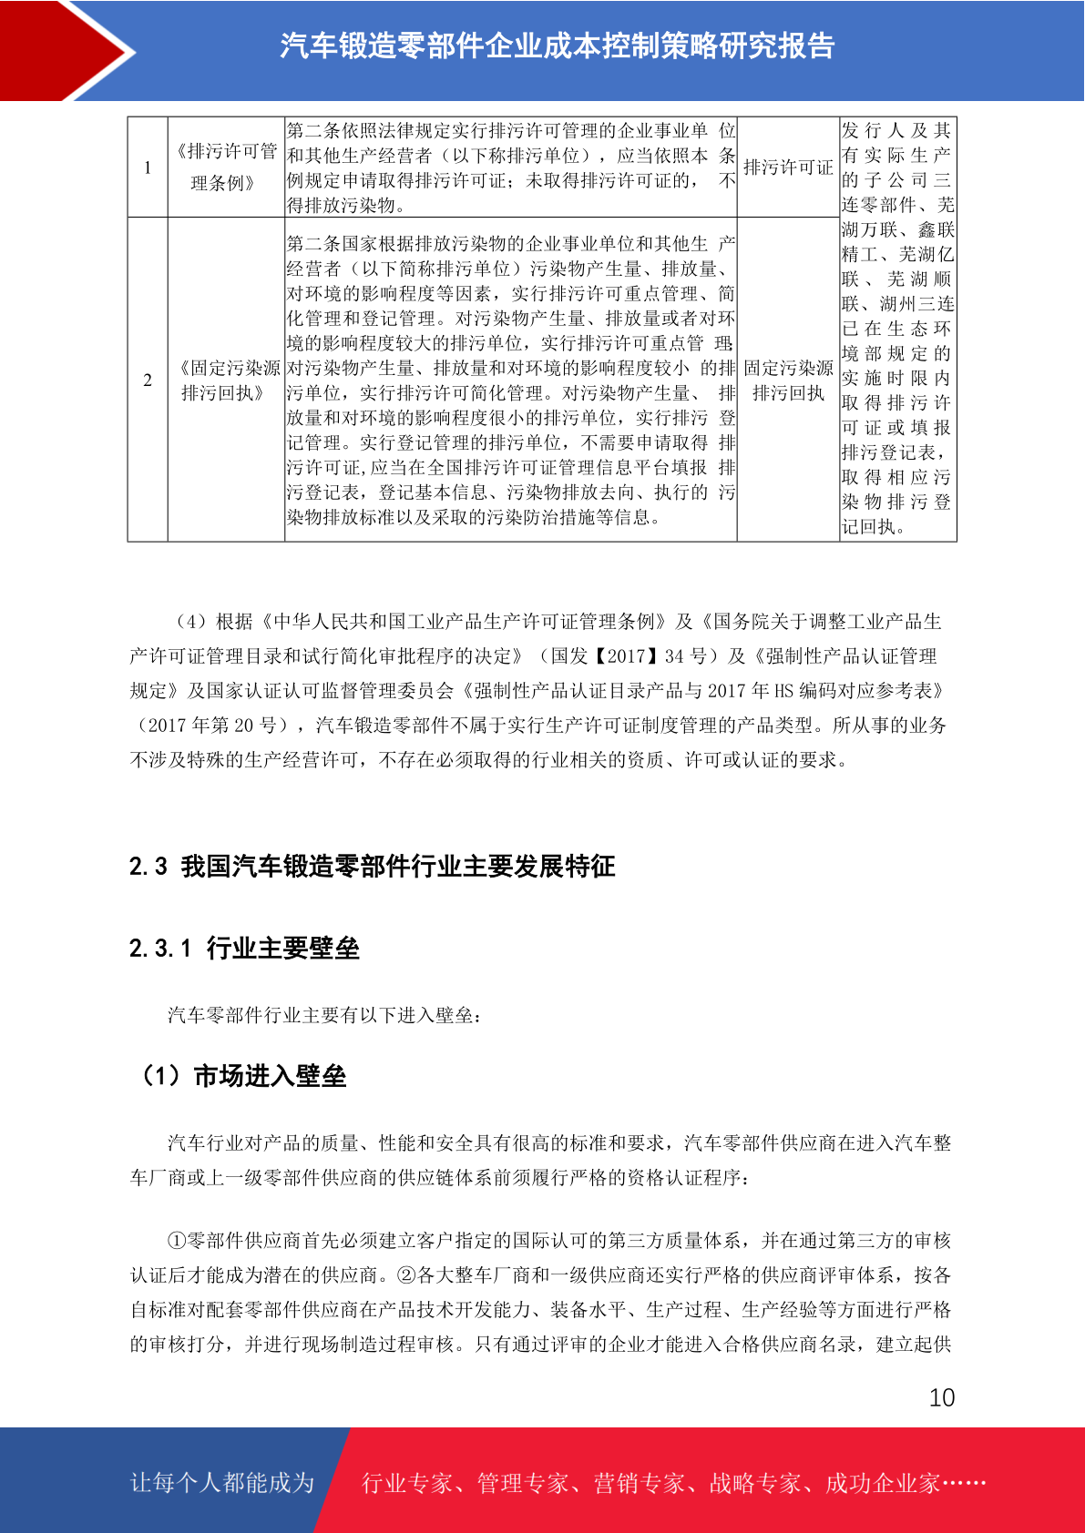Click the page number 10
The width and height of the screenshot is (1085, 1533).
tap(941, 1397)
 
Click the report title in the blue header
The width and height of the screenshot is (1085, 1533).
tap(557, 46)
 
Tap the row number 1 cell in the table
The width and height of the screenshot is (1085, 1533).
tap(148, 168)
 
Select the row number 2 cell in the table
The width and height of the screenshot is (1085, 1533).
tap(148, 380)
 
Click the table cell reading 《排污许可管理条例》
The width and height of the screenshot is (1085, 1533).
tap(226, 168)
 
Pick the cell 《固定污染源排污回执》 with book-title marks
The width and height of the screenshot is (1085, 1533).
tap(226, 381)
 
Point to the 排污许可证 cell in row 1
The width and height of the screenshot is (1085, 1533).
tap(788, 168)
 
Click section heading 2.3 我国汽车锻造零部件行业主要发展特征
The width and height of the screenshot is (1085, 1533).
tap(372, 866)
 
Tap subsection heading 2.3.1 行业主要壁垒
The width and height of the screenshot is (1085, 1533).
tap(244, 949)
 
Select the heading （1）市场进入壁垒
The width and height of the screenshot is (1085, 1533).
tap(241, 1076)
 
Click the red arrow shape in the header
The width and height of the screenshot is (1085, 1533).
tap(64, 50)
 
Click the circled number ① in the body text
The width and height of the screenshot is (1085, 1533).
tap(177, 1241)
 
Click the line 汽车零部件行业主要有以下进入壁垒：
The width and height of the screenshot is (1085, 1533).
tap(325, 1015)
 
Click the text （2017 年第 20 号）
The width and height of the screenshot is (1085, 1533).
tap(212, 726)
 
